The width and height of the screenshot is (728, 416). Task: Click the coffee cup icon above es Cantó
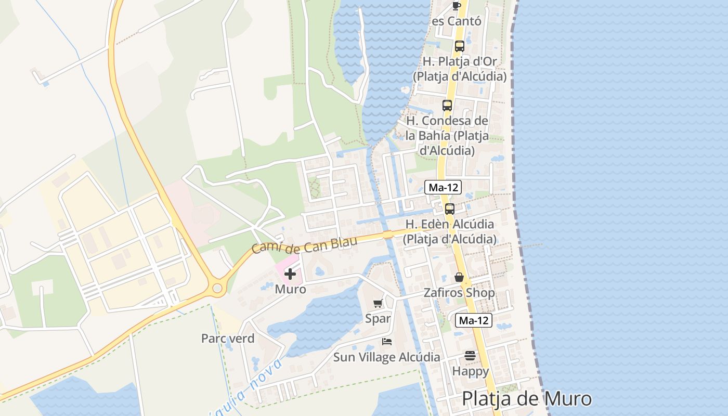click(x=456, y=6)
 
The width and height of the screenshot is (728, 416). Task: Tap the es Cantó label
click(x=457, y=21)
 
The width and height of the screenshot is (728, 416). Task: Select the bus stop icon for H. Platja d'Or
click(x=459, y=46)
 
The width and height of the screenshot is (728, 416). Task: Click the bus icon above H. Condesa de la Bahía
click(x=447, y=106)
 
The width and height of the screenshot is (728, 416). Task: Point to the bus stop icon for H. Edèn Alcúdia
click(x=450, y=209)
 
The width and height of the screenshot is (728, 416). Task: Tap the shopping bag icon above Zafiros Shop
click(x=459, y=277)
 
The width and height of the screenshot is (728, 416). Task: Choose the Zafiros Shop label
click(x=459, y=293)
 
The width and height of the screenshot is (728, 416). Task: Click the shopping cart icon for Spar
click(x=378, y=303)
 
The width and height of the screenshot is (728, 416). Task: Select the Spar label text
click(x=378, y=318)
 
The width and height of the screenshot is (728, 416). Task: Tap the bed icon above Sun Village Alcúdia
click(x=387, y=342)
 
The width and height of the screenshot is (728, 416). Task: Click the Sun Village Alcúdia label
click(x=386, y=357)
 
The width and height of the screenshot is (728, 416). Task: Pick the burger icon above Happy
click(x=470, y=356)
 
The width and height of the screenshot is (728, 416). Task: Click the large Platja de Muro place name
click(x=527, y=399)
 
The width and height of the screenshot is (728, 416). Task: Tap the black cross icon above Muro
click(x=290, y=274)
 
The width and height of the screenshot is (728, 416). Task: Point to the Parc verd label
click(x=228, y=339)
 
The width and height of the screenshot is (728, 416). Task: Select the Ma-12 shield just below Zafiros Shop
click(x=473, y=320)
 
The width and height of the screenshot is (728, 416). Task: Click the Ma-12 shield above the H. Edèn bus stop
click(x=443, y=187)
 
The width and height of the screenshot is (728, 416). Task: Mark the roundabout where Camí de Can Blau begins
click(x=217, y=288)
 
